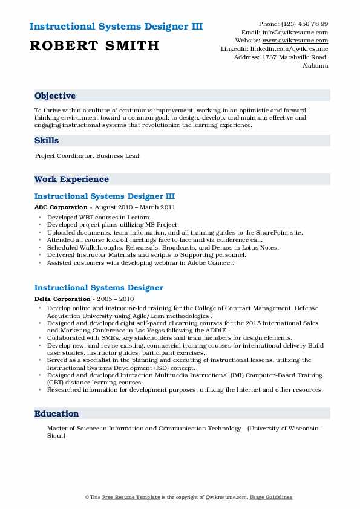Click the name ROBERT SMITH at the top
(94, 45)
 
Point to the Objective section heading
(55, 96)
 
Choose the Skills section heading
(47, 140)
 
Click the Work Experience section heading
(71, 179)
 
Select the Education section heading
(57, 413)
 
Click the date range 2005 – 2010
(118, 299)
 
